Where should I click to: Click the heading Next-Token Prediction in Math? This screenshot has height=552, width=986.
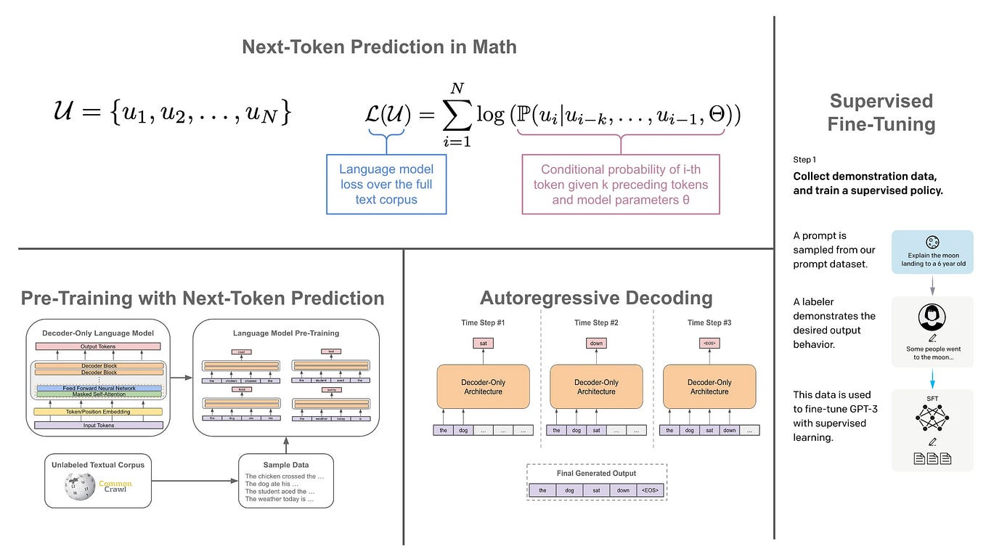(x=379, y=47)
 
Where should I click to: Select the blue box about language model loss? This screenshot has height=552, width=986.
(x=386, y=184)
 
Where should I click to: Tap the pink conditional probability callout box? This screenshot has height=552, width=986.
(x=620, y=184)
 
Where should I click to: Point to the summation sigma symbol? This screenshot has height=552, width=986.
(x=457, y=113)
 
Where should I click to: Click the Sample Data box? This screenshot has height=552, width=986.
(x=285, y=481)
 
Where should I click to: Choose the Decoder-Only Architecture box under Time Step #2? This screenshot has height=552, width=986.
(x=596, y=386)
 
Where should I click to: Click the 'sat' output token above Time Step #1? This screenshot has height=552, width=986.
(x=483, y=343)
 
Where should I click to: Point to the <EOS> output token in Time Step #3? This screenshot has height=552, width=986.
(x=709, y=343)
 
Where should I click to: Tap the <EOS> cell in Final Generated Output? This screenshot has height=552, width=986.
(x=648, y=490)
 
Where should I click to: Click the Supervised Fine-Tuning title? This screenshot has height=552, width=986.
(x=881, y=113)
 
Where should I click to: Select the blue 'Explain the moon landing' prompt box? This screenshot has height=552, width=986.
(x=932, y=252)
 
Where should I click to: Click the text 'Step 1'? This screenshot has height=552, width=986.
(x=804, y=159)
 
